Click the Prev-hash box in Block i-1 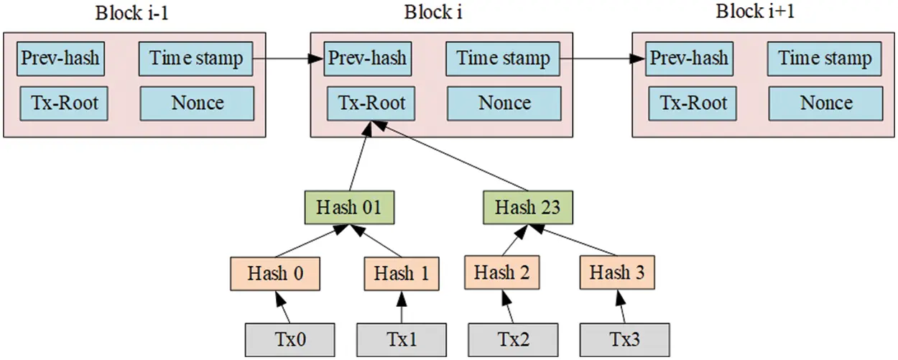[60, 59]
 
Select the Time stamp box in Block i [504, 59]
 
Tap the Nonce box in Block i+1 [825, 103]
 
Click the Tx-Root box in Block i [371, 103]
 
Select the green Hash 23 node [527, 208]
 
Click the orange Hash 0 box [275, 274]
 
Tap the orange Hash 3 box [617, 274]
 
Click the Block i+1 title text [756, 13]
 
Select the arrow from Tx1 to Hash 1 [401, 307]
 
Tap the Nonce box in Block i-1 [196, 103]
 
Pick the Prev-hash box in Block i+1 [688, 59]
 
